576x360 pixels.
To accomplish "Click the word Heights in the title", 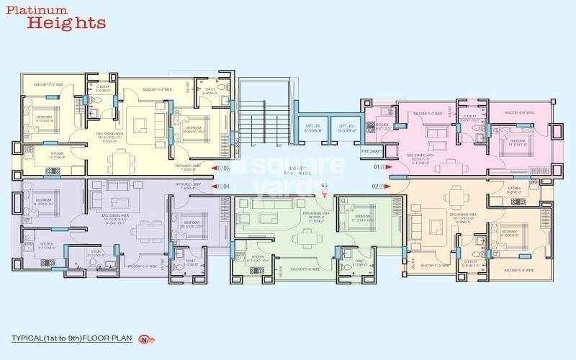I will [x=66, y=23].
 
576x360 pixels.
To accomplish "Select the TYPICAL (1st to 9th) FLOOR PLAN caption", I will [x=76, y=338].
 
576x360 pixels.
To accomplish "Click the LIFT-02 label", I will [x=347, y=128].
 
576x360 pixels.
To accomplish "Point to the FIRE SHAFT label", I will [x=370, y=152].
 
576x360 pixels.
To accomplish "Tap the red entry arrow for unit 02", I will [x=389, y=186].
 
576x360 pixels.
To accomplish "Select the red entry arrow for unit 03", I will [x=323, y=192].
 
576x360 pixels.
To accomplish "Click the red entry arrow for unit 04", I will [x=214, y=186].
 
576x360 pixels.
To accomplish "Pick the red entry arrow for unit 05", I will [x=214, y=168].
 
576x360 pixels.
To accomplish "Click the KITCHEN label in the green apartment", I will [x=258, y=257].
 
